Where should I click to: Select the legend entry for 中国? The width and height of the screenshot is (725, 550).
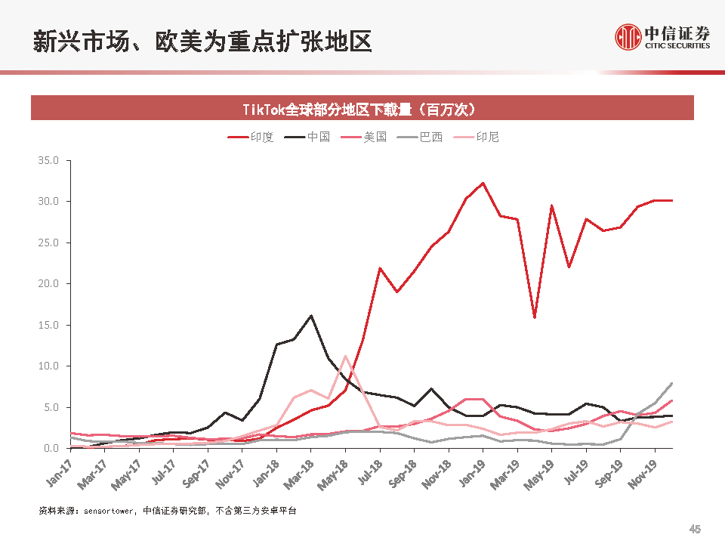(x=308, y=137)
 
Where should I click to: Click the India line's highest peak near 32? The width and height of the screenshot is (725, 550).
(x=483, y=183)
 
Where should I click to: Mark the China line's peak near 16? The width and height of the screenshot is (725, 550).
(x=310, y=316)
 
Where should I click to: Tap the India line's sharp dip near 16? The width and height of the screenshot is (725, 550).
(x=535, y=317)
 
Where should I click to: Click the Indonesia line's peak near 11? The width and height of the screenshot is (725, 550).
(x=345, y=356)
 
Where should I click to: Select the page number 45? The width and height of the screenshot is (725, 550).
(x=696, y=529)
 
